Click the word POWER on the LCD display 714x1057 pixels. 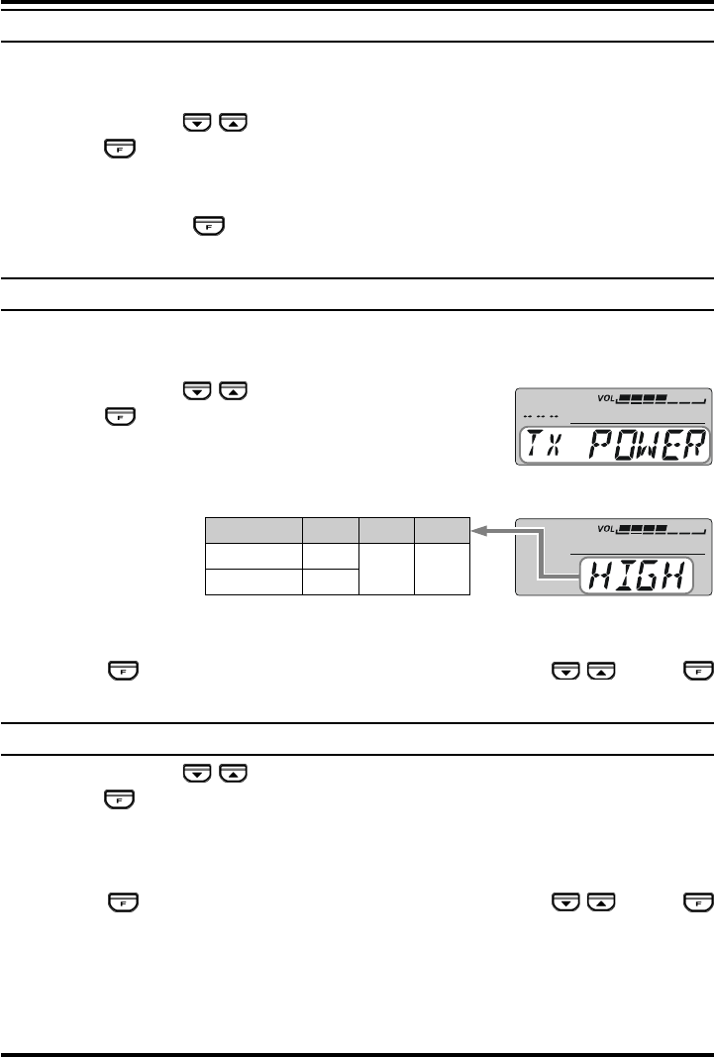(x=648, y=445)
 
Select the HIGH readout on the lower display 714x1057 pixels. (x=637, y=576)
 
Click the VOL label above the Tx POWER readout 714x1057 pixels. (x=605, y=398)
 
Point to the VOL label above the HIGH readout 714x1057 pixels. (x=605, y=529)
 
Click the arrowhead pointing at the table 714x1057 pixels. (x=478, y=531)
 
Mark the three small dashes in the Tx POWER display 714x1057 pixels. (x=541, y=417)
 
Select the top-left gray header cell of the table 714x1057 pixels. (x=254, y=531)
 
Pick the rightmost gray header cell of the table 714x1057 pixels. (x=442, y=531)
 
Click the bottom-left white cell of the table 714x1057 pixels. (x=254, y=581)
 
